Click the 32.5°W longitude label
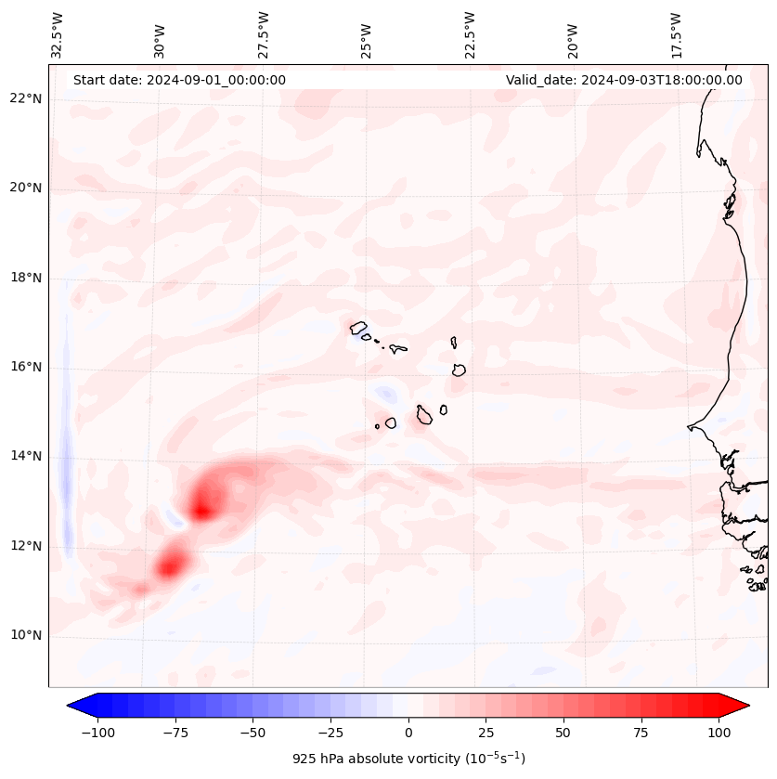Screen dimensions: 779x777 pos(58,34)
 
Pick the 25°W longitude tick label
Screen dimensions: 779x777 pos(367,34)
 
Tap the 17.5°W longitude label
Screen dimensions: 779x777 pos(676,34)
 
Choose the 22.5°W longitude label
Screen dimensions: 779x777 pos(470,34)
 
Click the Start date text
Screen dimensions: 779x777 pos(179,80)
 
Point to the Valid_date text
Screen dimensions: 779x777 pos(624,80)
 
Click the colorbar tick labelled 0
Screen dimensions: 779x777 pos(408,733)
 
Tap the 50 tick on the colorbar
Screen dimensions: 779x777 pos(563,733)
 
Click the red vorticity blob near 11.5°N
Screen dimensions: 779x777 pos(171,563)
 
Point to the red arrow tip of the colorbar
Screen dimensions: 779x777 pos(744,707)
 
